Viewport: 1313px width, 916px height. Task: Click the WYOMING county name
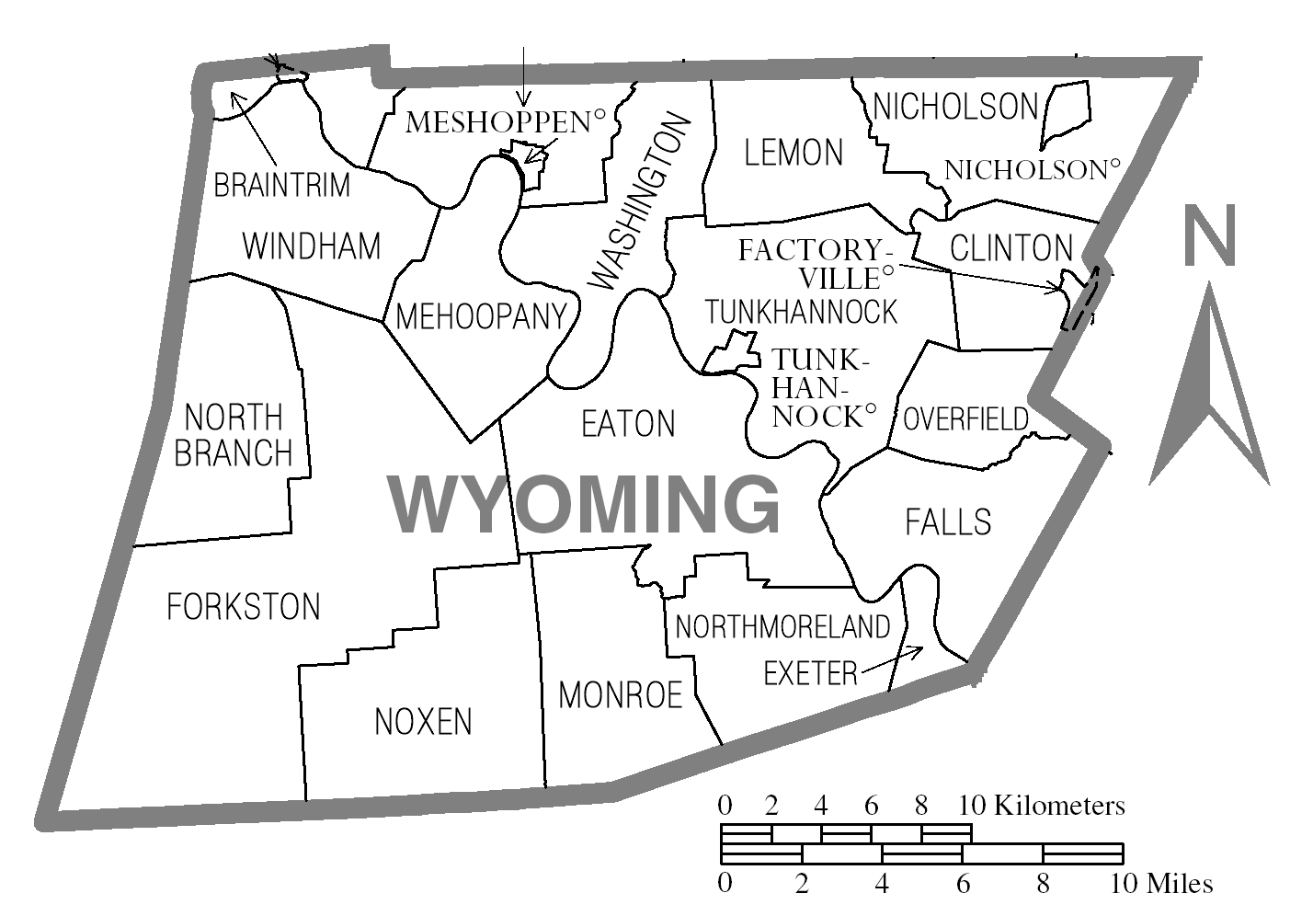pos(585,504)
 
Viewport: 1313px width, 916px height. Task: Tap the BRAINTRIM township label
pos(282,185)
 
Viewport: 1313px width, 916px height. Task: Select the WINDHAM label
pos(312,246)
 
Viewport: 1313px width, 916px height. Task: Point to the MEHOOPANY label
pos(480,316)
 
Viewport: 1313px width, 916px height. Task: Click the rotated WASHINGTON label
pos(637,202)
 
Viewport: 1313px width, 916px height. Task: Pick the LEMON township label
pos(794,152)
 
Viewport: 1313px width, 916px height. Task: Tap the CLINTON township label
pos(1011,247)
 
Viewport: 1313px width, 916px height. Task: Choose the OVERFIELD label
pos(966,419)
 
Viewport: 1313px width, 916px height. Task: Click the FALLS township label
pos(948,521)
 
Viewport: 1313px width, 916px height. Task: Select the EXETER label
pos(810,674)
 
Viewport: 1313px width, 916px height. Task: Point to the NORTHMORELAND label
pos(782,627)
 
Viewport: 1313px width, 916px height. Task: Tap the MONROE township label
pos(621,695)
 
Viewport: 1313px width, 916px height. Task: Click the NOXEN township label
pos(423,722)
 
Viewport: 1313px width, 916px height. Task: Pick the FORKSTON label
pos(244,607)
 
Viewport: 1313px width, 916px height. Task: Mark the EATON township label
pos(629,423)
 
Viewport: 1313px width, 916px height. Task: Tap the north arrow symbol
pos(1208,386)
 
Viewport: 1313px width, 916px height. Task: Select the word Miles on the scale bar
pos(1179,884)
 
